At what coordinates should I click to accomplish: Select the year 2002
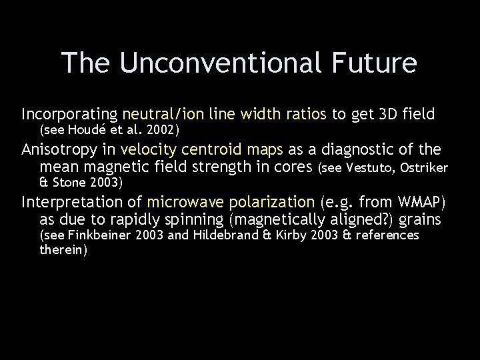click(x=159, y=127)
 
